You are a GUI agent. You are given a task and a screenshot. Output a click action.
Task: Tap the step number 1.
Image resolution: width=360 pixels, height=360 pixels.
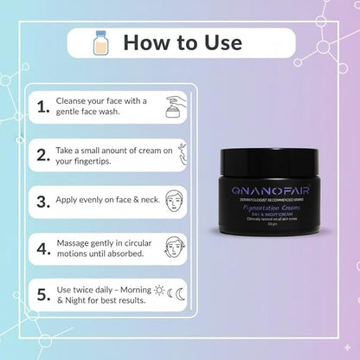pyautogui.click(x=42, y=106)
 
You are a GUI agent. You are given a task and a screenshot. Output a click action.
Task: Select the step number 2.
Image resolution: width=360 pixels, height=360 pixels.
pyautogui.click(x=42, y=156)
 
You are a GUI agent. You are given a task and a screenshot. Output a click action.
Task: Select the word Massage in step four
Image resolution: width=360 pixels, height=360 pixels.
pyautogui.click(x=74, y=245)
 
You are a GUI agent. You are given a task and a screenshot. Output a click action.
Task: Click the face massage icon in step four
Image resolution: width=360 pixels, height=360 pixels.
pyautogui.click(x=171, y=250)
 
